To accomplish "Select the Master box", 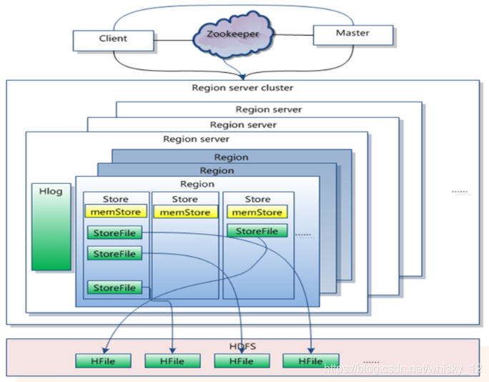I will click(x=352, y=34).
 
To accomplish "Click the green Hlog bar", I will click(x=51, y=227).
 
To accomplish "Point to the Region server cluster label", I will click(x=242, y=88).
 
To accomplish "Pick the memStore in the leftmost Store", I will click(x=116, y=212).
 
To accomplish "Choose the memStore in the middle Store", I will click(x=185, y=212).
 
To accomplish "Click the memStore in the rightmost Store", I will click(x=257, y=212).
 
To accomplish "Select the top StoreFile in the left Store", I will click(x=114, y=233).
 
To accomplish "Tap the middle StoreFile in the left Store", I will click(x=114, y=253).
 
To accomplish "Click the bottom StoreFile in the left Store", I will click(x=114, y=288).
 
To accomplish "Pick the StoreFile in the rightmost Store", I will click(x=257, y=231).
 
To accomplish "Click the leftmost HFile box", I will click(x=103, y=361).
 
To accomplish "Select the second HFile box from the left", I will click(x=172, y=361).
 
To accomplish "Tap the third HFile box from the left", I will click(x=242, y=361).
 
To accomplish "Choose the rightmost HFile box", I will click(x=310, y=361).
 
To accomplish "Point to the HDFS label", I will click(x=242, y=346).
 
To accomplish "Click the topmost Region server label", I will click(x=269, y=109).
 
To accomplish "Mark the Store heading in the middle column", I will click(x=184, y=199).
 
